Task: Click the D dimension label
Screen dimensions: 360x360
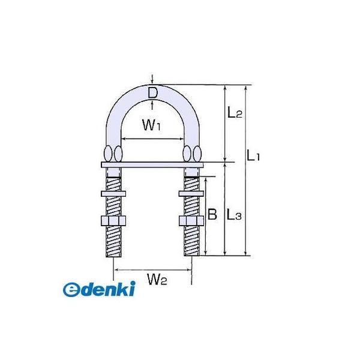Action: (152, 93)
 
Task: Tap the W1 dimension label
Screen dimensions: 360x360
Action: (151, 125)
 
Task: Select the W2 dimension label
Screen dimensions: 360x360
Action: (157, 280)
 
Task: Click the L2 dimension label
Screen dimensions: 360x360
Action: (235, 113)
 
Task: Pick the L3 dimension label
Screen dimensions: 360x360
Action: (234, 215)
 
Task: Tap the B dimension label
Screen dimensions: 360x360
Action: (212, 215)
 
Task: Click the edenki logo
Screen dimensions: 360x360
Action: (99, 289)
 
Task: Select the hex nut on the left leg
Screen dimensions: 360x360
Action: (113, 221)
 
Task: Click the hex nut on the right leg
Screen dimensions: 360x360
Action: (191, 221)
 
